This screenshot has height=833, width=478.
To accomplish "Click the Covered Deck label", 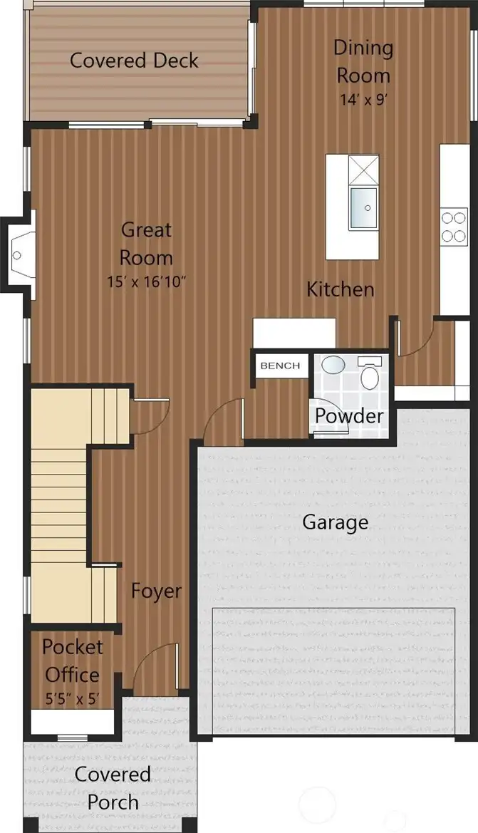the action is (134, 60).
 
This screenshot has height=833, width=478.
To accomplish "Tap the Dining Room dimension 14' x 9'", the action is (363, 99).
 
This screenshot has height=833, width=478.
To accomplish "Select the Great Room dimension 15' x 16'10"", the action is (146, 281).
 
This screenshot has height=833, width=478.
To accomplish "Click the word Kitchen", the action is (341, 289).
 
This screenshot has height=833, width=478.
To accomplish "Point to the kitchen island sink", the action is (364, 208).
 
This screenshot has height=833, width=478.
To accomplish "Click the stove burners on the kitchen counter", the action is (454, 227).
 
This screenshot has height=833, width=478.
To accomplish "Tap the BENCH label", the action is (280, 366).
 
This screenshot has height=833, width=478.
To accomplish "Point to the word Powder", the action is (349, 416).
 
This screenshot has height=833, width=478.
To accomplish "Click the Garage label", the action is (335, 522).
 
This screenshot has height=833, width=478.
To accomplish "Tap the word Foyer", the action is (156, 591).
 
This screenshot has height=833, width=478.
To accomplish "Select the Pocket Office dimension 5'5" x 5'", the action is (72, 698).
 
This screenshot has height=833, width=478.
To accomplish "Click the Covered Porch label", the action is (113, 788).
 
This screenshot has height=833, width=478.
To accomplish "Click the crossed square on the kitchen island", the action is (364, 170).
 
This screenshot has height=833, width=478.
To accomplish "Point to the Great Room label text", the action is (146, 244).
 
